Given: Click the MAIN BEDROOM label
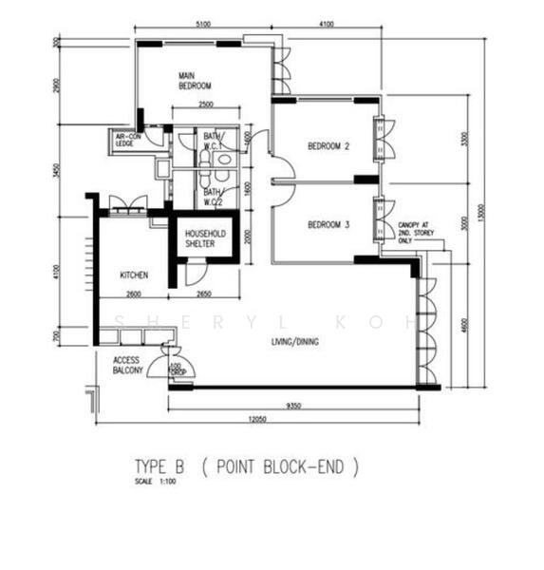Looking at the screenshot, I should tap(194, 80).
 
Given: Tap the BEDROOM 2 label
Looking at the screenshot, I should tap(328, 145).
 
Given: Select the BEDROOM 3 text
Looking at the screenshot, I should tap(328, 225).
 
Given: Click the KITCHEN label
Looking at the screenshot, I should tap(134, 275).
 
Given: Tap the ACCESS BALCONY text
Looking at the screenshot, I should tap(127, 366).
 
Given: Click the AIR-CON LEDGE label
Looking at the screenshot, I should tap(128, 142).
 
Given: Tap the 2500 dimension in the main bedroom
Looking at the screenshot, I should tap(206, 104).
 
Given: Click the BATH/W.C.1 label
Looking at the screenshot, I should tap(212, 142).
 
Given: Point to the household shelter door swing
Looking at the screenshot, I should tap(193, 273).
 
